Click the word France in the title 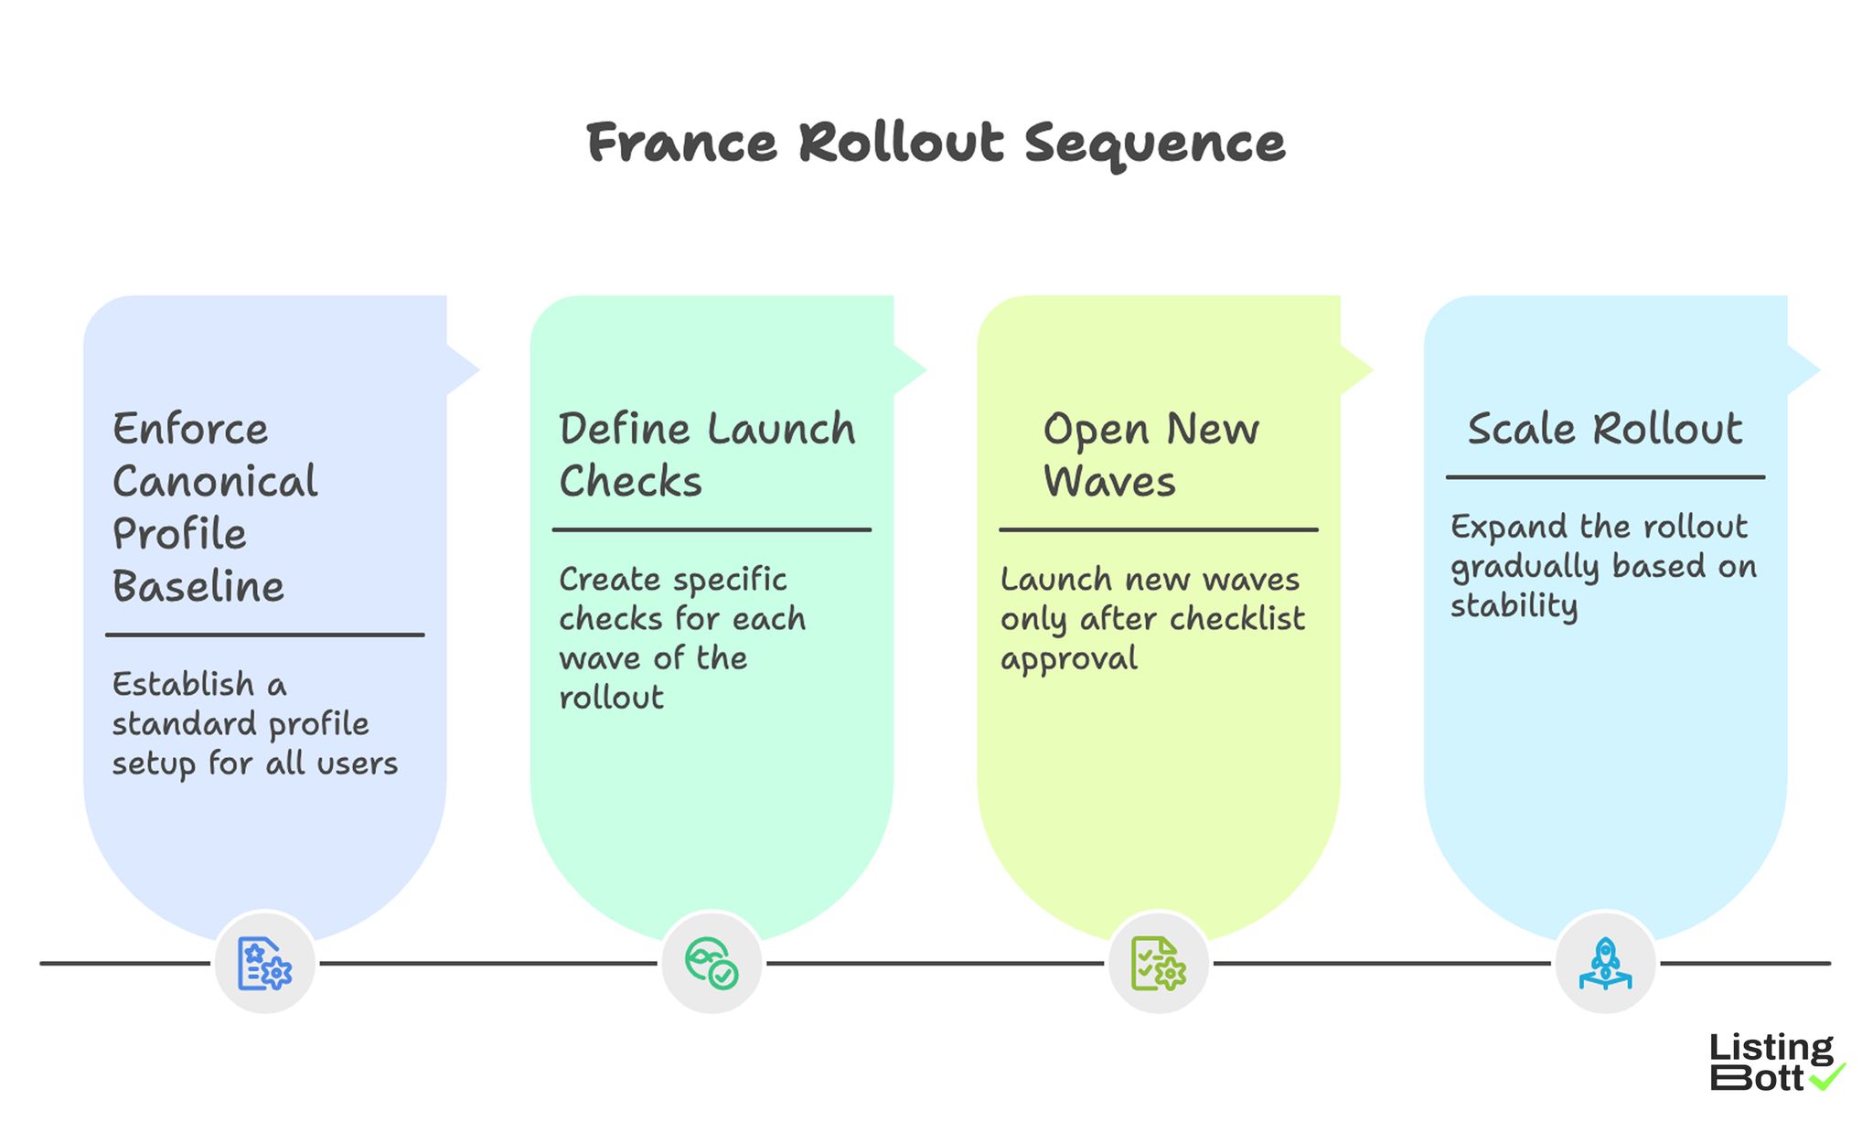point(681,144)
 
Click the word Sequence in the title point(1154,144)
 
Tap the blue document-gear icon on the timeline point(264,963)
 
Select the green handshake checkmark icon point(712,963)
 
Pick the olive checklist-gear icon point(1158,963)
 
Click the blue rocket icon point(1605,963)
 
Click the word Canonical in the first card point(215,482)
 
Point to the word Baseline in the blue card point(198,587)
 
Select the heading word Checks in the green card point(630,482)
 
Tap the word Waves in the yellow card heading point(1109,482)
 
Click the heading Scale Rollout point(1605,429)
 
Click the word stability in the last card point(1514,606)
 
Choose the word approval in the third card point(1068,659)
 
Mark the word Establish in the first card point(183,684)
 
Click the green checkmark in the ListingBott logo point(1827,1077)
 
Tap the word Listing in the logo point(1771,1048)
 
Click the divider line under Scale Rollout point(1605,476)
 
